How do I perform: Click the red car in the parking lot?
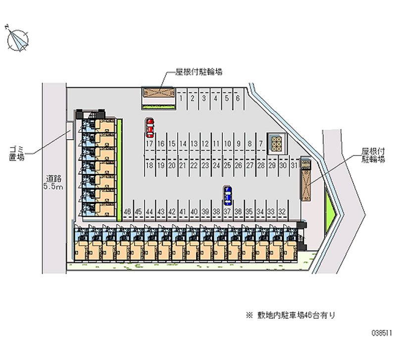point(149,128)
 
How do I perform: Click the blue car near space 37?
point(227,196)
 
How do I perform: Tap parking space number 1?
point(182,98)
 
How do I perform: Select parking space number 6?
point(238,98)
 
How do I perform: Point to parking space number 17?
point(149,144)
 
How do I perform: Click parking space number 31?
point(294,165)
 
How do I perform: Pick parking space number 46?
point(127,211)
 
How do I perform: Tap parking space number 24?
point(216,165)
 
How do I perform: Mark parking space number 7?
point(260,144)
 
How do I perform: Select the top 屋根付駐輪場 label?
point(198,72)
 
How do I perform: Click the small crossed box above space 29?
point(275,144)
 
